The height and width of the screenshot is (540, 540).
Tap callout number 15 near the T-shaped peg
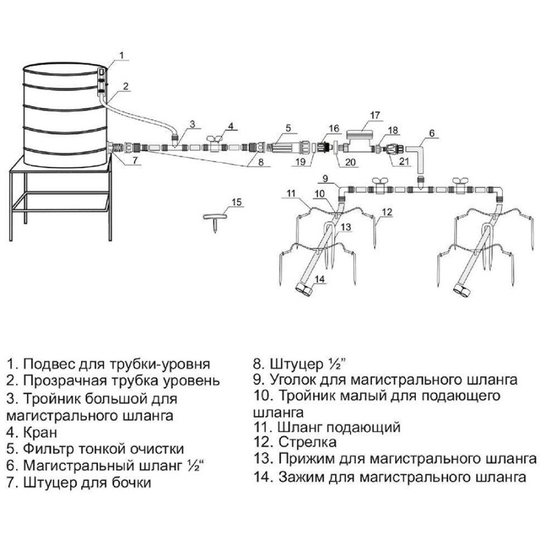pyautogui.click(x=237, y=202)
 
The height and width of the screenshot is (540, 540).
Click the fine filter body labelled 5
pyautogui.click(x=285, y=146)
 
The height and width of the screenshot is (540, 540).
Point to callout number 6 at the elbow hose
pyautogui.click(x=431, y=133)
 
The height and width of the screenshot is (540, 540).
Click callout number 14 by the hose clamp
pyautogui.click(x=320, y=279)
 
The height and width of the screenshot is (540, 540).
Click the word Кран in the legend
pyautogui.click(x=40, y=433)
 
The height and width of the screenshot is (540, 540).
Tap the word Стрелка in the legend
pyautogui.click(x=308, y=443)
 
